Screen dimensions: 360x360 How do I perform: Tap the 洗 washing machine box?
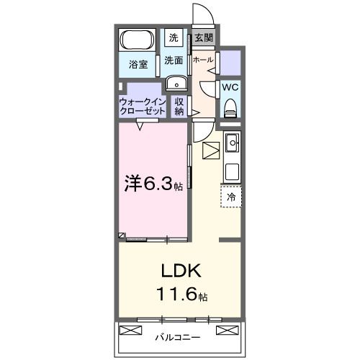pos(174,37)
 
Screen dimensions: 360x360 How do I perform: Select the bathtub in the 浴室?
pos(138,42)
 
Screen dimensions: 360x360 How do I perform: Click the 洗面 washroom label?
pos(173,60)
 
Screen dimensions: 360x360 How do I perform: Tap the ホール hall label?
pos(203,60)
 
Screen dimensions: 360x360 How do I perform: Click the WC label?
pos(230,87)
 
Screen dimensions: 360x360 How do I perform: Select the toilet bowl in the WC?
pos(230,108)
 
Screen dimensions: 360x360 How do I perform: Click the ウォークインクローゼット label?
pos(142,107)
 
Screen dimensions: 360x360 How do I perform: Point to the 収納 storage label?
pos(179,107)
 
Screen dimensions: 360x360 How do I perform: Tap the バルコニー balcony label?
pos(177,336)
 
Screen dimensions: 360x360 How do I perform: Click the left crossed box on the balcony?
pos(131,331)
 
